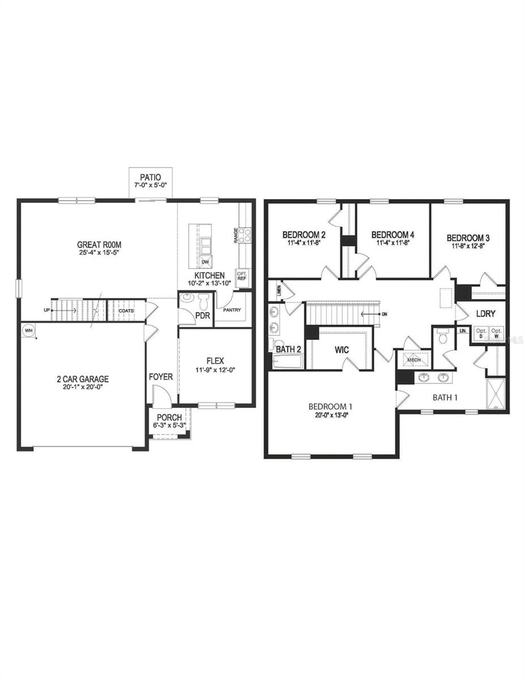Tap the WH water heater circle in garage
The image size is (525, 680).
pos(28,330)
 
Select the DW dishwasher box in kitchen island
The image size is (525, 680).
pos(205,262)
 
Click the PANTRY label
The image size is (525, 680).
pos(232,309)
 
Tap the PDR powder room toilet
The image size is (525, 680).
pos(203,300)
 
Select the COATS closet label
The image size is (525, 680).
pos(126,311)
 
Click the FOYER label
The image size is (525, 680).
pos(161,377)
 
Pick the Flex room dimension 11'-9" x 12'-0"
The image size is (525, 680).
pos(215,370)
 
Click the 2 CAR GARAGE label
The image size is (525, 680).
pos(82,379)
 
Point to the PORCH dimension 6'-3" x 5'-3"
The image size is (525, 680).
pos(169,426)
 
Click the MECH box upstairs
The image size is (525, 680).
pos(413,359)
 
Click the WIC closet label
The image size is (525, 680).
pos(341,350)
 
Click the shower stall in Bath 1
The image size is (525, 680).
pos(496,394)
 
